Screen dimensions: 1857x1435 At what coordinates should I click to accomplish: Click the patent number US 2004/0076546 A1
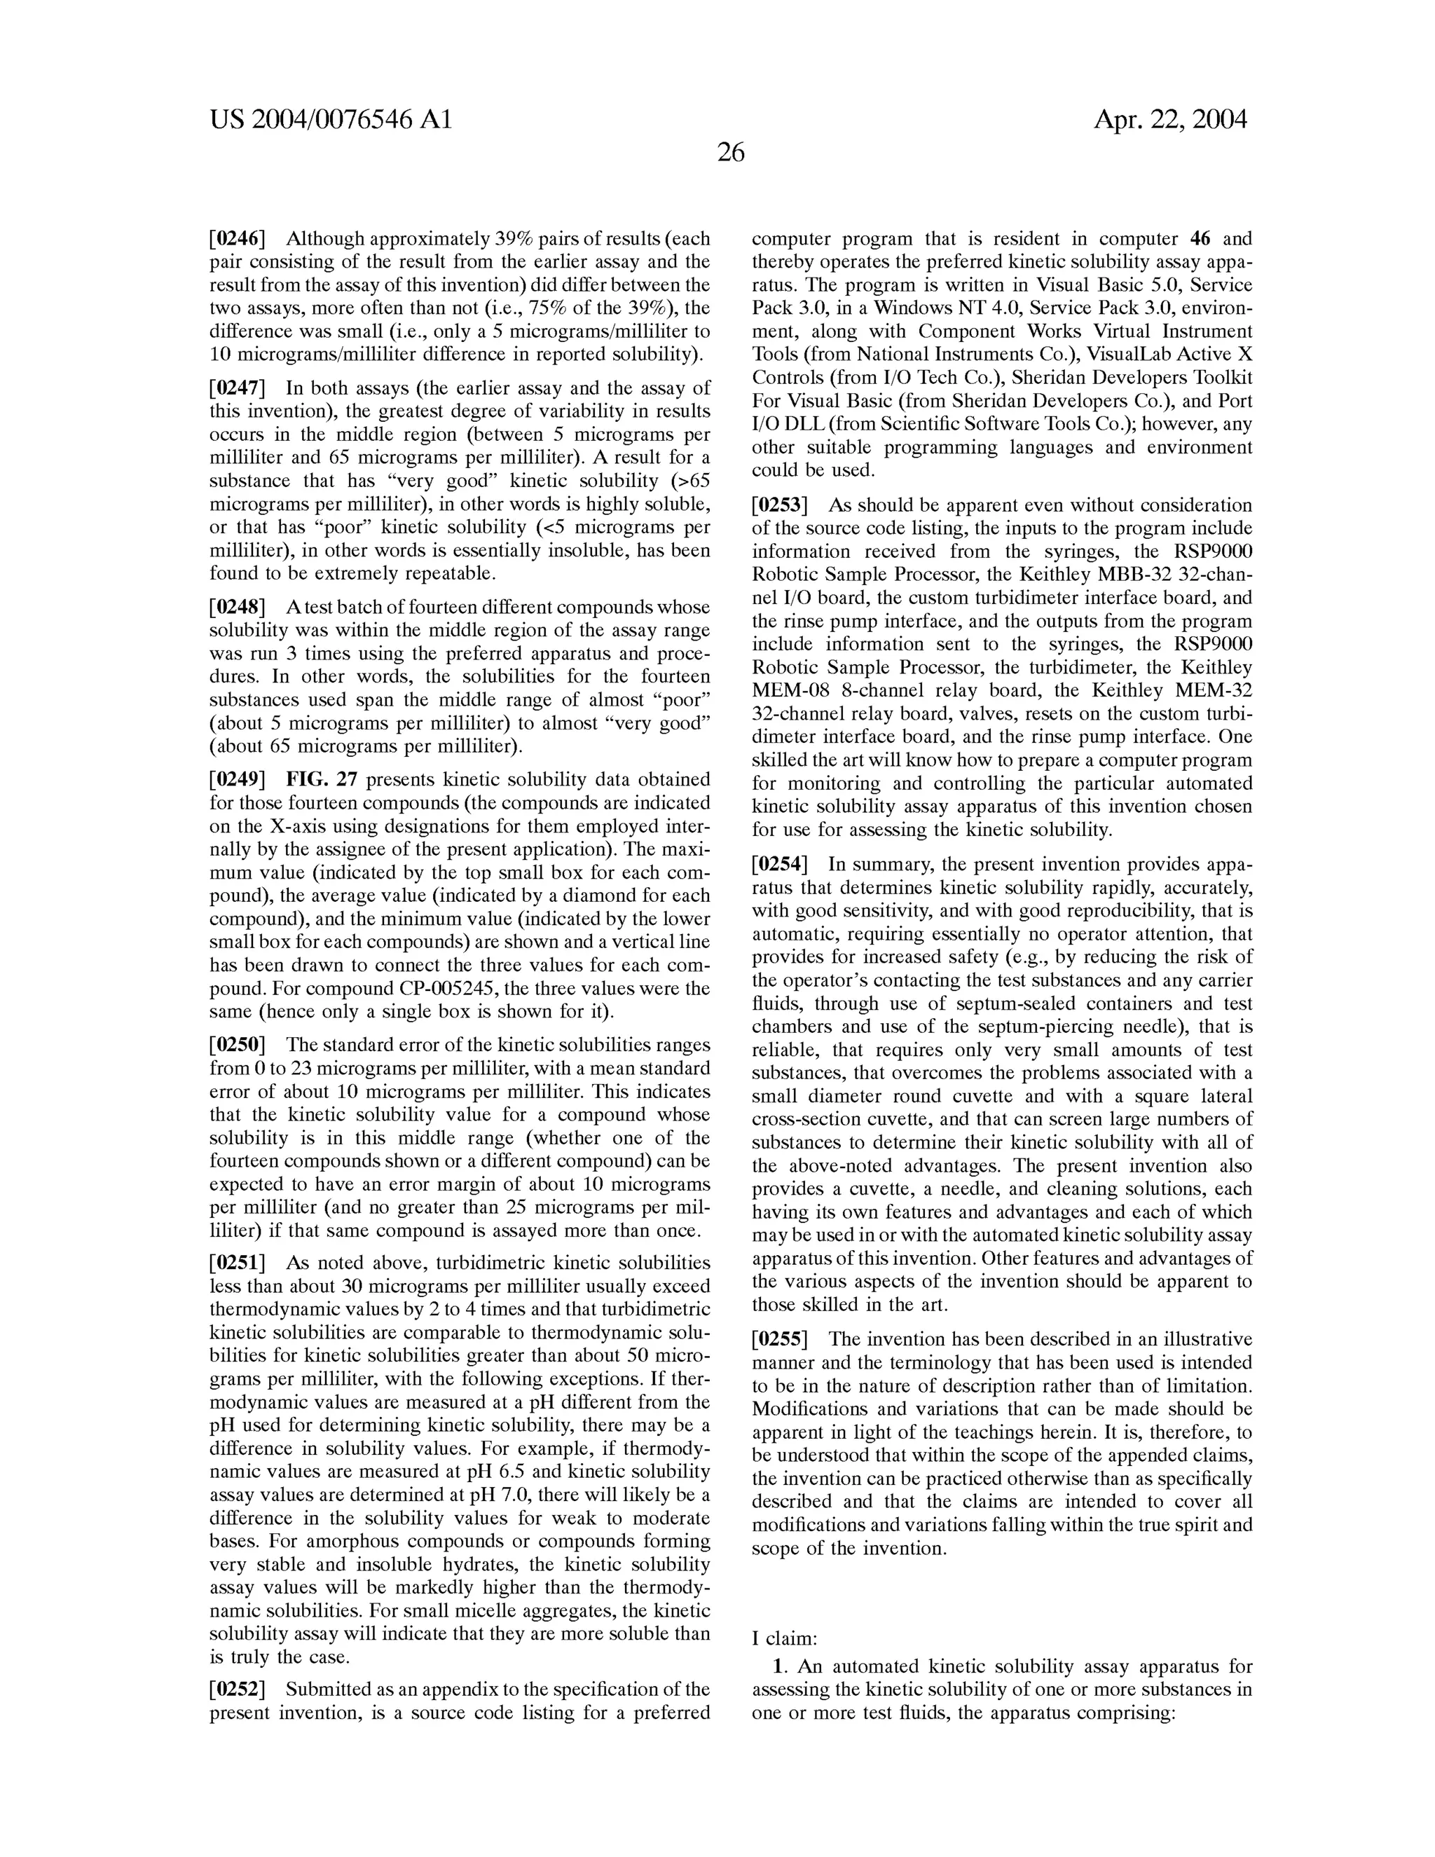click(331, 120)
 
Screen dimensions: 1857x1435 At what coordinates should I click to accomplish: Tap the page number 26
click(730, 153)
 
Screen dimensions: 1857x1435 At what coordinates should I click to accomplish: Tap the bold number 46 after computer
click(1201, 239)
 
